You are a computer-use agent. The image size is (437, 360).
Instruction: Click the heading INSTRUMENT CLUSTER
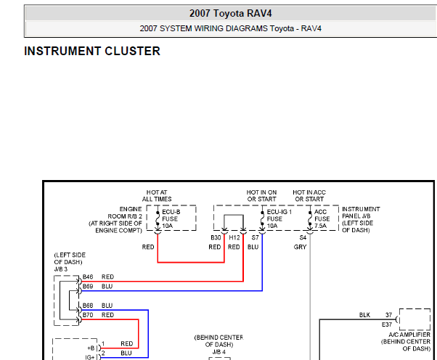click(92, 51)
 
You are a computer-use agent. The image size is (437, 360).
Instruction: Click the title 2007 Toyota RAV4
click(231, 13)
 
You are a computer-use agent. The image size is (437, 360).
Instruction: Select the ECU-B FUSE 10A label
click(171, 218)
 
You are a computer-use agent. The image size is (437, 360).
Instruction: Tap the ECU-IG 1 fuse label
click(279, 218)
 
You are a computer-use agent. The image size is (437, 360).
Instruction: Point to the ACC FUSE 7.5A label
click(322, 218)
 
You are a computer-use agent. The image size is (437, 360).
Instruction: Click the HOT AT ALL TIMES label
click(157, 195)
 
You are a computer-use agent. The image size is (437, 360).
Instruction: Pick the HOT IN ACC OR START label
click(309, 195)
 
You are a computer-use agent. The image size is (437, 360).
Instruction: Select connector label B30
click(216, 237)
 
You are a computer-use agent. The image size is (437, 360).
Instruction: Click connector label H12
click(234, 237)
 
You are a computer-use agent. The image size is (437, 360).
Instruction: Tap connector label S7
click(255, 237)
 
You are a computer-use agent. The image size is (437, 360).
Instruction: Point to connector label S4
click(303, 237)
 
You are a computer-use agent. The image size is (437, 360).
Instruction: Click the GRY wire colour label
click(300, 247)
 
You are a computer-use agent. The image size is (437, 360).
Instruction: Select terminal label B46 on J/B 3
click(88, 277)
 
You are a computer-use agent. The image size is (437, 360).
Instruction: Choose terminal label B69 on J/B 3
click(88, 286)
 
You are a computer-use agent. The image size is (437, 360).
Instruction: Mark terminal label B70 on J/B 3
click(88, 315)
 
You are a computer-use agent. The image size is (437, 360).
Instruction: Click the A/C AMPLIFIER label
click(409, 335)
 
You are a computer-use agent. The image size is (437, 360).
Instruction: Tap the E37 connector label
click(387, 324)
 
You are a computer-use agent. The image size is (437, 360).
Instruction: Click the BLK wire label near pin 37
click(364, 315)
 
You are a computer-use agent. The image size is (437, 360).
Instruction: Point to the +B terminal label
click(91, 348)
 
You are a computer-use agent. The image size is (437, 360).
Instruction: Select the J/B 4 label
click(219, 352)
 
